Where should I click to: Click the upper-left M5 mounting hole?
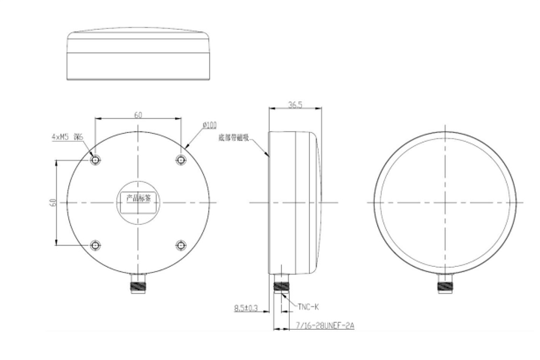pos(96,160)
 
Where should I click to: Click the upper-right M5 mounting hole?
pos(181,160)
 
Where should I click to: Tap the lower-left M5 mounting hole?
pos(96,245)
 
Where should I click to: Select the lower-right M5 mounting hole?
pos(181,245)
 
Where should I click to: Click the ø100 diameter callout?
pos(209,126)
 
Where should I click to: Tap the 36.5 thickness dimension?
pos(295,104)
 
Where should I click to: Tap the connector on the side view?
pos(281,285)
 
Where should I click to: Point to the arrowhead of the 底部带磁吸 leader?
pos(269,155)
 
